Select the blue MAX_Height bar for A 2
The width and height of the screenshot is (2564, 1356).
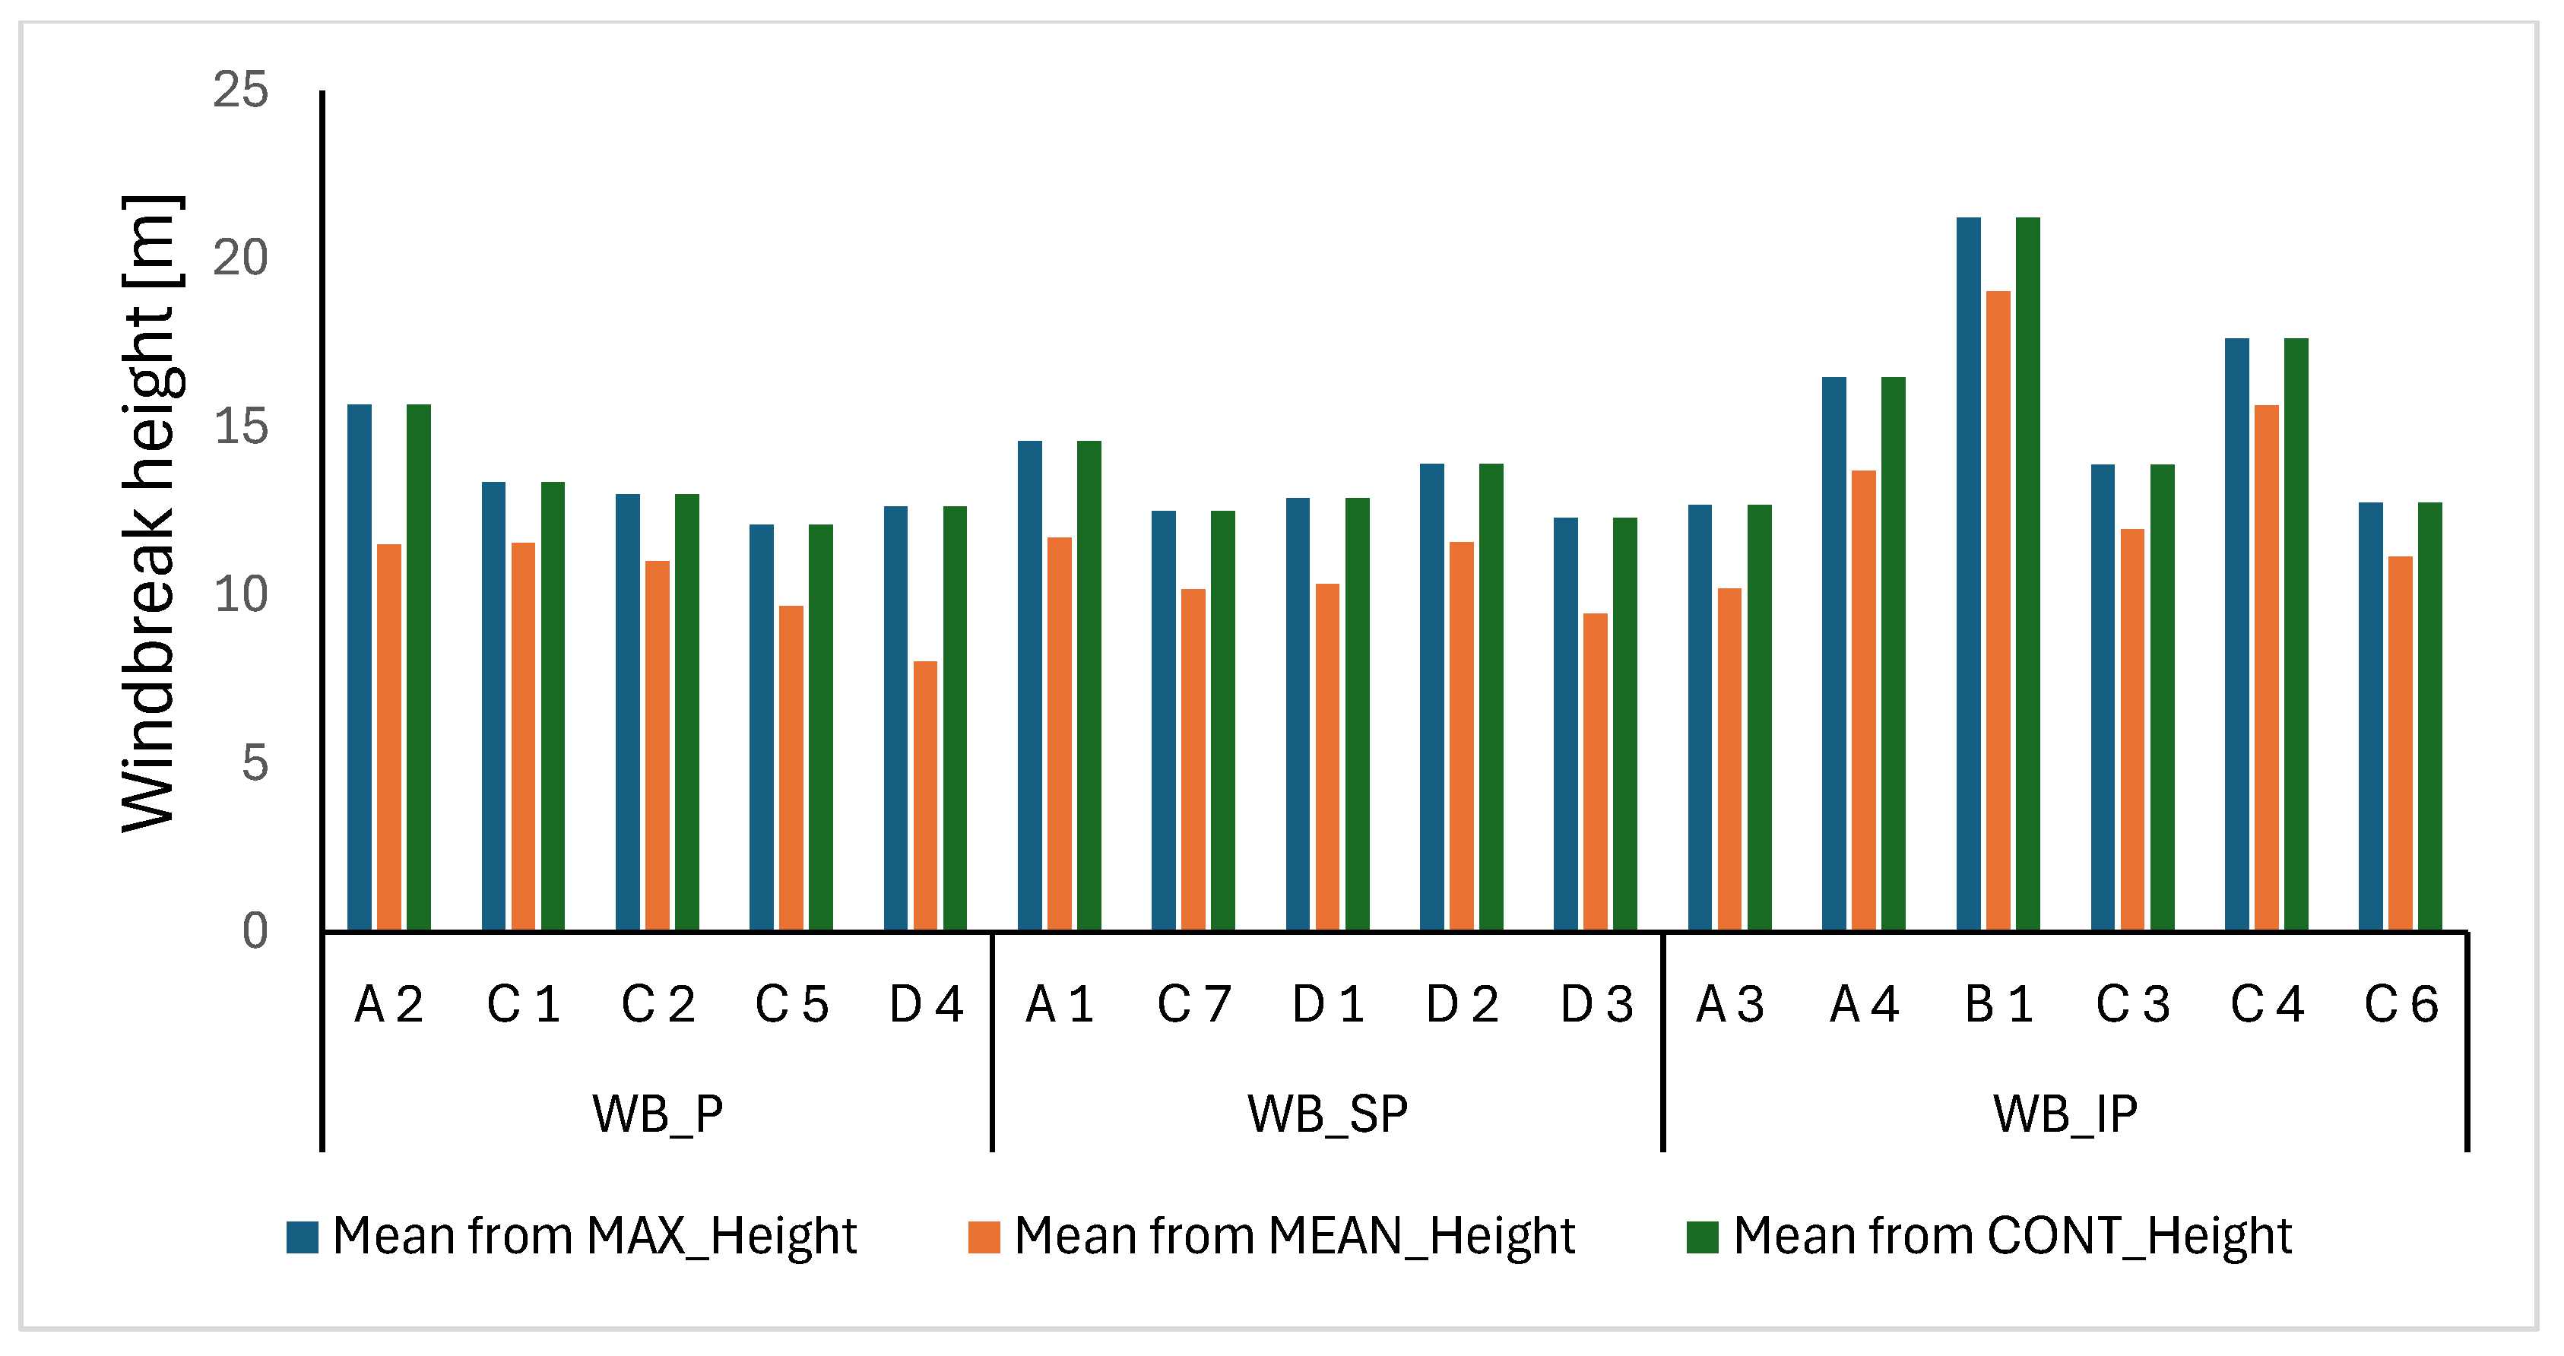pos(360,668)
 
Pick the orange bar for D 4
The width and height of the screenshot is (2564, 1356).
pos(924,797)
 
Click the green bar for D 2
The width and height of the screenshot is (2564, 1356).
pos(1491,697)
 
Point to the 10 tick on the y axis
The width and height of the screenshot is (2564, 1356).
pos(241,595)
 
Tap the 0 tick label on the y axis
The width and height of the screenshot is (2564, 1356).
pos(255,932)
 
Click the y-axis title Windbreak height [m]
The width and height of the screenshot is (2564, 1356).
pos(149,513)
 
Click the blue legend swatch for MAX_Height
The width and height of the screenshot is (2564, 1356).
pos(303,1237)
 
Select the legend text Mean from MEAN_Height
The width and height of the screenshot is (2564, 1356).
pos(1294,1237)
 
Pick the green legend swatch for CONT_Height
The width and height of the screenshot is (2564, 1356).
pos(1703,1237)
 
